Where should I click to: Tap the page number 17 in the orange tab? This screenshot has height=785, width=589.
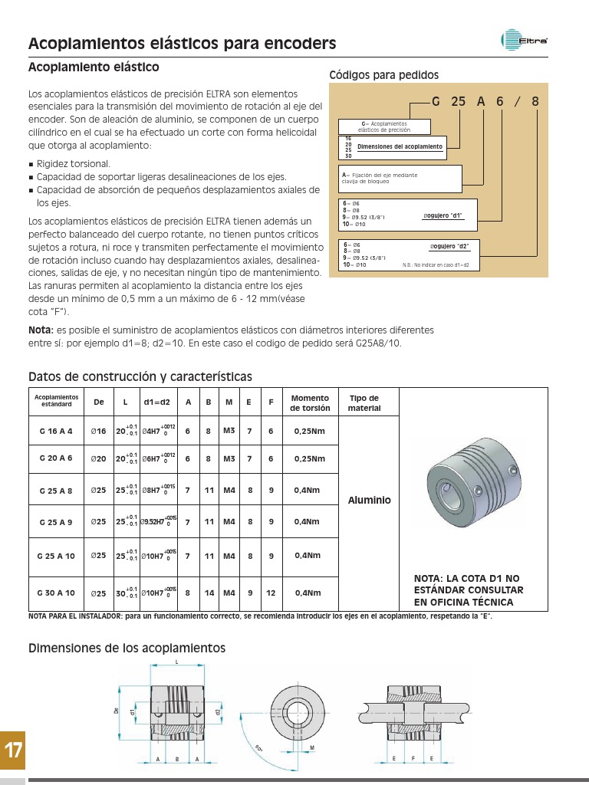coord(13,751)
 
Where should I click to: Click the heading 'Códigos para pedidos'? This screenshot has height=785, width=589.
coord(383,75)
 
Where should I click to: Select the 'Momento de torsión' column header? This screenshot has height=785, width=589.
coord(310,403)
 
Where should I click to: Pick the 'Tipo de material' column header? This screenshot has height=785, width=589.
coord(364,403)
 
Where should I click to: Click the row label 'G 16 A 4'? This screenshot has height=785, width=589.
coord(56,432)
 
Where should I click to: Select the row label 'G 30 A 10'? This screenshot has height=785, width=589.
coord(56,593)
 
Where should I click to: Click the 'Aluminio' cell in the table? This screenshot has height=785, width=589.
coord(370,500)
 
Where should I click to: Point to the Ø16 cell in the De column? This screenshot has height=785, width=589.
coord(98,432)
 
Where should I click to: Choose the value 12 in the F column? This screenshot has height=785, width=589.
coord(271,593)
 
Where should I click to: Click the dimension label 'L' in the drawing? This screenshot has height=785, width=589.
coord(177,661)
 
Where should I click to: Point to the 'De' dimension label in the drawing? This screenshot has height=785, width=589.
coord(117,711)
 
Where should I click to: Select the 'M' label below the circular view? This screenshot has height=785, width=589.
coord(313,747)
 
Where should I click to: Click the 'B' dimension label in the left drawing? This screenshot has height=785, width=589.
coord(177,759)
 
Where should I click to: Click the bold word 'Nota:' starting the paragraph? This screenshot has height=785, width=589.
coord(41,330)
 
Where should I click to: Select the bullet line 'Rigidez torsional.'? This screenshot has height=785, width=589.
coord(74,164)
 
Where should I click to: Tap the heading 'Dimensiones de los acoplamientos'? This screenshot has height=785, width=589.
coord(127,649)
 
